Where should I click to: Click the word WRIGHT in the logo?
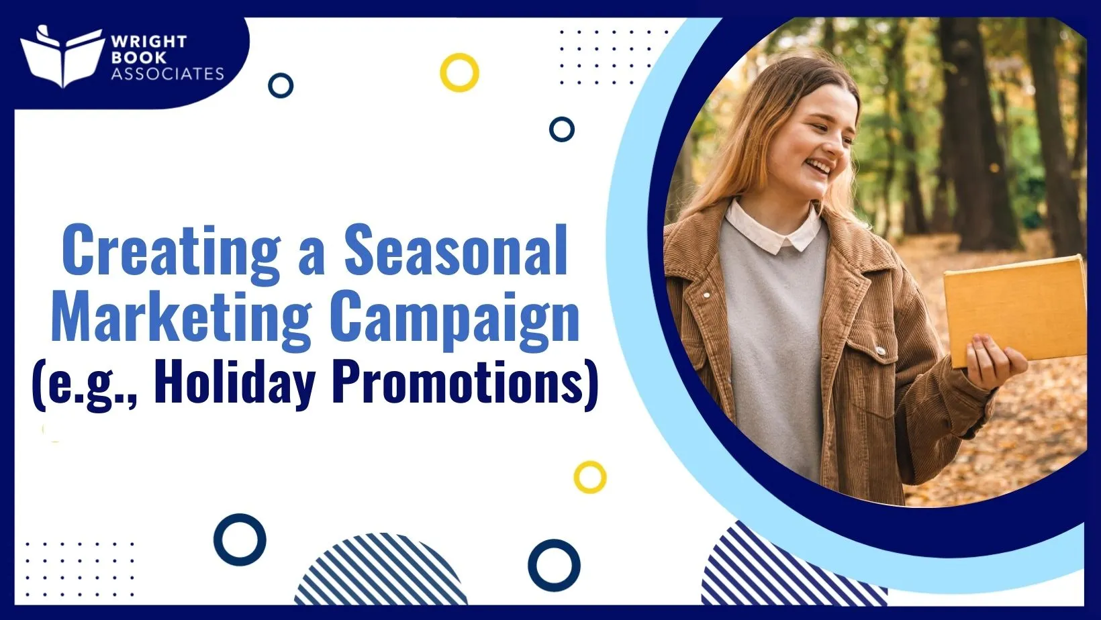(149, 42)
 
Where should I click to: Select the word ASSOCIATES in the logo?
(167, 74)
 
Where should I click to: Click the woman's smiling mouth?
(820, 165)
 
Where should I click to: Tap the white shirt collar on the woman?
(772, 228)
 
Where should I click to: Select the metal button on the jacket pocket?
(879, 349)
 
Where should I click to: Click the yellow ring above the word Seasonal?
(459, 72)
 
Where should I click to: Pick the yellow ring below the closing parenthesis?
(590, 477)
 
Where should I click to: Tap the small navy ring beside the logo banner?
(281, 86)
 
